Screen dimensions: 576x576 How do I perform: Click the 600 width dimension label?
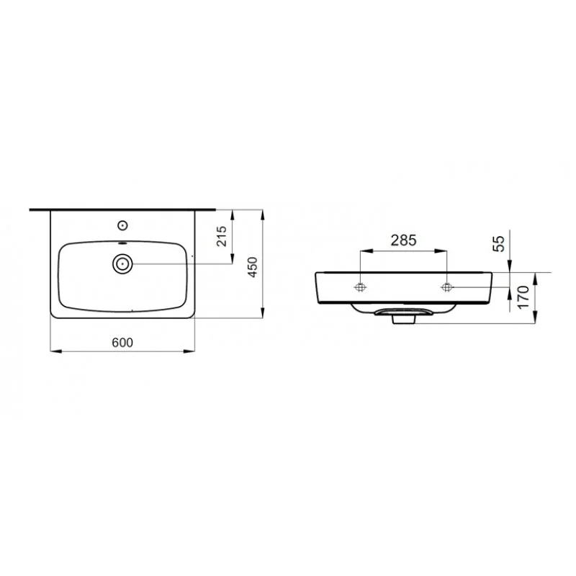coord(122,343)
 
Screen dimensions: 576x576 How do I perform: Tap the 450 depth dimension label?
coord(253,267)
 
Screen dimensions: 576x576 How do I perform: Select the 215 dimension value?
coord(222,236)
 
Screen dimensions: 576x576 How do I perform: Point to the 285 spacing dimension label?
coord(403,240)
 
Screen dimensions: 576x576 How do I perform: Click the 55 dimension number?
coord(498,243)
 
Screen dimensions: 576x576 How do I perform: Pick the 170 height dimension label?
coord(523,298)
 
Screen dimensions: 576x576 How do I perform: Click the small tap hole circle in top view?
coord(122,225)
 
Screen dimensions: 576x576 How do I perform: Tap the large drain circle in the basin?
coord(122,264)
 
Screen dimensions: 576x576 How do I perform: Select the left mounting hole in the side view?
coord(361,287)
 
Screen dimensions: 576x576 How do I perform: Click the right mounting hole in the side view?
coord(446,287)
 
